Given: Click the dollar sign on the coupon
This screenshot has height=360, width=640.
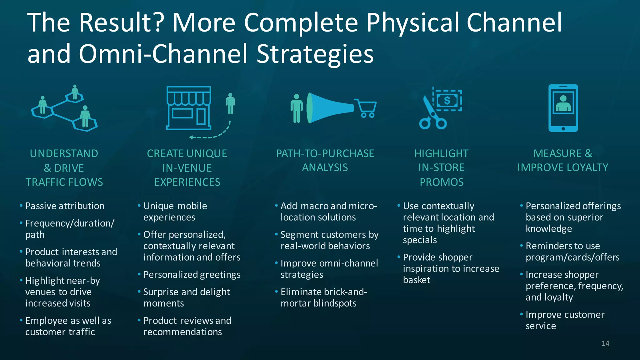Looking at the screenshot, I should pyautogui.click(x=447, y=101).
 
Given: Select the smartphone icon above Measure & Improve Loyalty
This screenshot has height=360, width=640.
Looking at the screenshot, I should pyautogui.click(x=563, y=108).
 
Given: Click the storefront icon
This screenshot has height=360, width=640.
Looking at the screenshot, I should pyautogui.click(x=189, y=108).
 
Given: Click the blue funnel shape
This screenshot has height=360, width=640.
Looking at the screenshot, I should pyautogui.click(x=330, y=108).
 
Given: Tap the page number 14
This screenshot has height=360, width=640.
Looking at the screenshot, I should pyautogui.click(x=605, y=343).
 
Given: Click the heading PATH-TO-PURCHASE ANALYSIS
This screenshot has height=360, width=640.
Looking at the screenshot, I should pyautogui.click(x=325, y=161).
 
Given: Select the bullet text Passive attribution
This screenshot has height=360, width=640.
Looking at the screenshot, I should pyautogui.click(x=65, y=206).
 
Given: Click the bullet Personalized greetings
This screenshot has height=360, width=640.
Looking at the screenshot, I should pyautogui.click(x=192, y=275).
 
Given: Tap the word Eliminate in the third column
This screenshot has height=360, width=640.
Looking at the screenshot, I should pyautogui.click(x=300, y=292).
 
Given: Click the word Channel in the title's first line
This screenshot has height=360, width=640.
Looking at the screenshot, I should pyautogui.click(x=514, y=22).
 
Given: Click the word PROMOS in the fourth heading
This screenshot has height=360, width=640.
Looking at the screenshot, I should pyautogui.click(x=442, y=182).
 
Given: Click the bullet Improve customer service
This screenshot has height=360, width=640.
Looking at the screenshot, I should pyautogui.click(x=564, y=320).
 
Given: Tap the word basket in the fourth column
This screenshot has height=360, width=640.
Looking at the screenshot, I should pyautogui.click(x=417, y=280).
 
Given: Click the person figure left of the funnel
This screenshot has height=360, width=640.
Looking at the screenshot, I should pyautogui.click(x=297, y=108).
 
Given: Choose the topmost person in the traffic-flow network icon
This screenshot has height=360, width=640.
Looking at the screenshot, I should pyautogui.click(x=75, y=92).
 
